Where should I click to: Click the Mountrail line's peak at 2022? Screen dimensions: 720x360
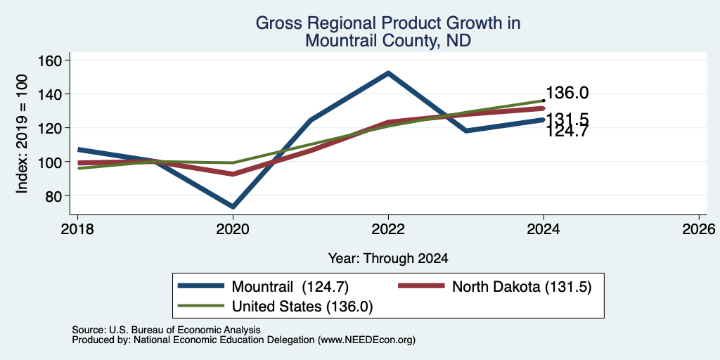tap(388, 72)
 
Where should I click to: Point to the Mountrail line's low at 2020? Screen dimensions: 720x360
tap(233, 207)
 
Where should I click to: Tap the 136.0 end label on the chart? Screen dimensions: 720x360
tap(567, 93)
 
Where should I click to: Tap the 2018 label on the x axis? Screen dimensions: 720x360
tap(77, 229)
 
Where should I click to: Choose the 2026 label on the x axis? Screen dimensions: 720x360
tap(699, 229)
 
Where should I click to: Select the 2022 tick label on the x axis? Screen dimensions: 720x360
tap(388, 229)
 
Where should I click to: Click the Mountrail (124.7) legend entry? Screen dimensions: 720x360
tap(264, 287)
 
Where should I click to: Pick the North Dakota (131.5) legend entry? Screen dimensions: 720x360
tap(494, 287)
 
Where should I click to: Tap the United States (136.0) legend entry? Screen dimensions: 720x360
tap(275, 307)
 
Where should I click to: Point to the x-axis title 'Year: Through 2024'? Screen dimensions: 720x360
tap(388, 259)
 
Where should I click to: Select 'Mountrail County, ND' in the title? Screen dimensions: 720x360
tap(388, 40)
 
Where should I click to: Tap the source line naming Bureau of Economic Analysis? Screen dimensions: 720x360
tap(166, 330)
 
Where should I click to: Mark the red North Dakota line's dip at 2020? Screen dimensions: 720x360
tap(233, 174)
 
